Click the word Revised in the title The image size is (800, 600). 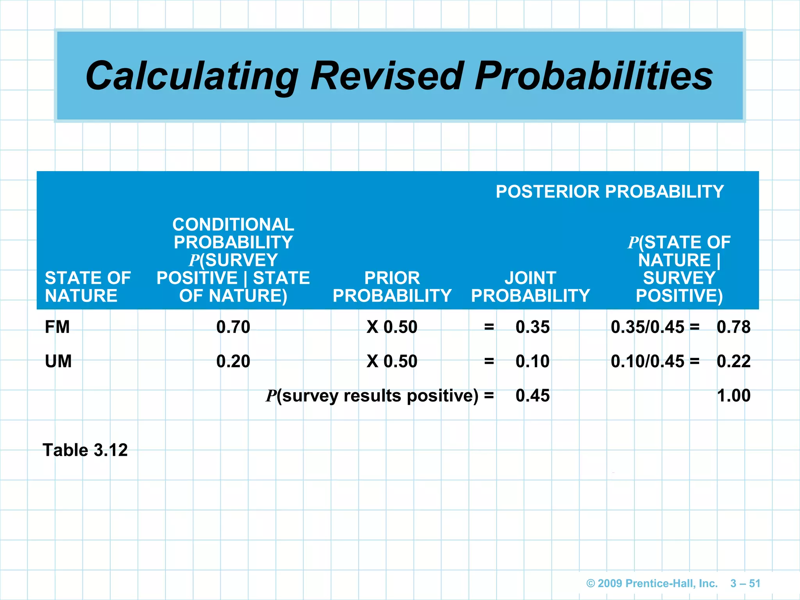click(x=387, y=76)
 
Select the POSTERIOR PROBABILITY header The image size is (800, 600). click(x=609, y=192)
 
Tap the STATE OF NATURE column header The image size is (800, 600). click(x=87, y=287)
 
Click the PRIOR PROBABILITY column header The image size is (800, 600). click(x=392, y=287)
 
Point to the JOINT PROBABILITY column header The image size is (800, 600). click(x=530, y=287)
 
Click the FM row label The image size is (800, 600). click(x=57, y=327)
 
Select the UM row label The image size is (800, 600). click(x=58, y=361)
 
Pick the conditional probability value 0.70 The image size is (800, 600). click(x=233, y=327)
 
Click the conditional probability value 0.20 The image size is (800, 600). click(x=233, y=361)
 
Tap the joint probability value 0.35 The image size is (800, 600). click(x=532, y=327)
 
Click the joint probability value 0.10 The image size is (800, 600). click(x=532, y=361)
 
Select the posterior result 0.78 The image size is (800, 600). click(x=733, y=327)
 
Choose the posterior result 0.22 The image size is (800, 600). click(x=733, y=361)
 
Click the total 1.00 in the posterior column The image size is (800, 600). click(x=733, y=396)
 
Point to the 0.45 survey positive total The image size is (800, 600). click(x=532, y=396)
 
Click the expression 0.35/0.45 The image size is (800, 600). click(x=647, y=327)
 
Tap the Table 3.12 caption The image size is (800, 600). click(x=85, y=450)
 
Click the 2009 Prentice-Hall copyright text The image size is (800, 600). click(x=652, y=583)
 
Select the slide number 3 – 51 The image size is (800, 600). click(x=745, y=583)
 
